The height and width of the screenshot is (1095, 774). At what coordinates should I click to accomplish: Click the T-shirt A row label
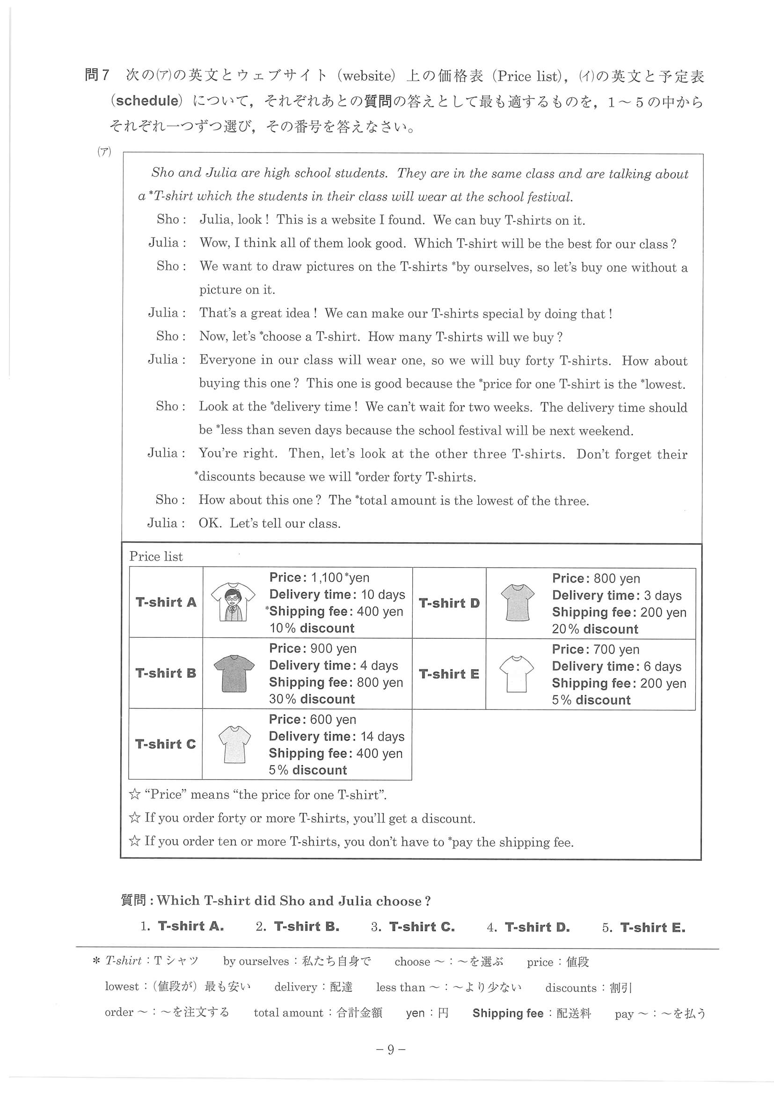(166, 602)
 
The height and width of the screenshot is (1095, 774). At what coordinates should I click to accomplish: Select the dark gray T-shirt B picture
(234, 673)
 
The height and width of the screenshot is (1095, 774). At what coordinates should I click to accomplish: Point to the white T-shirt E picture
(517, 674)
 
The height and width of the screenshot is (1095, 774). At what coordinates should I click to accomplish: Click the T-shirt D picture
(518, 603)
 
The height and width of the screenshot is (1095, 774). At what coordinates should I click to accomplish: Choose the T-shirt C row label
(165, 744)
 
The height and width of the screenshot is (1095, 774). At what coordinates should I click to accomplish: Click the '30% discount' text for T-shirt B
(312, 699)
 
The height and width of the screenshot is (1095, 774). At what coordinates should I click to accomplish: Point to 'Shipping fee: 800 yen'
(336, 682)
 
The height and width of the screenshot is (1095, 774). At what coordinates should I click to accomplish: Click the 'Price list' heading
(156, 556)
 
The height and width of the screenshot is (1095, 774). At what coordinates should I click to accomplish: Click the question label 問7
(97, 75)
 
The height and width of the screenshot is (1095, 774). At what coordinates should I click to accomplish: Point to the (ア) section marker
(104, 152)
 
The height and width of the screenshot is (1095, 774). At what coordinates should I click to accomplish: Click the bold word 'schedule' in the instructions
(147, 101)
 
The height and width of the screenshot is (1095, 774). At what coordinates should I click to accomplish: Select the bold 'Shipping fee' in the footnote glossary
(508, 1013)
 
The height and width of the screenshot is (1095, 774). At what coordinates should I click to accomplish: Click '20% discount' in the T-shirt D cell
(595, 629)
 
